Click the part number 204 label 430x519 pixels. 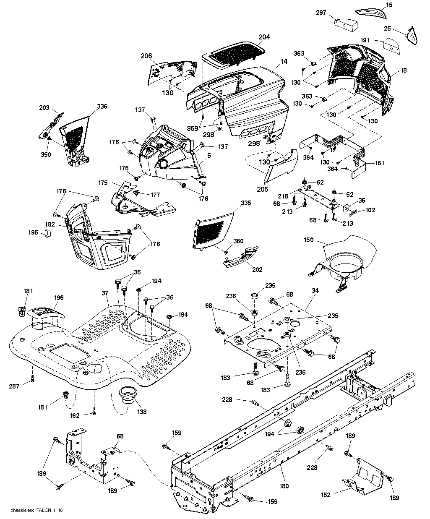click(264, 37)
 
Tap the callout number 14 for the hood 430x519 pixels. click(284, 61)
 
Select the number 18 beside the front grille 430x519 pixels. click(404, 71)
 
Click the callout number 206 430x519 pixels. click(146, 56)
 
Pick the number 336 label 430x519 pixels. click(102, 107)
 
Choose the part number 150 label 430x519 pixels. click(309, 240)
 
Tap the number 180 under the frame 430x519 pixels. click(284, 486)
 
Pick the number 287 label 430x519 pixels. click(14, 386)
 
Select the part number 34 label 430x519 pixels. click(315, 291)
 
